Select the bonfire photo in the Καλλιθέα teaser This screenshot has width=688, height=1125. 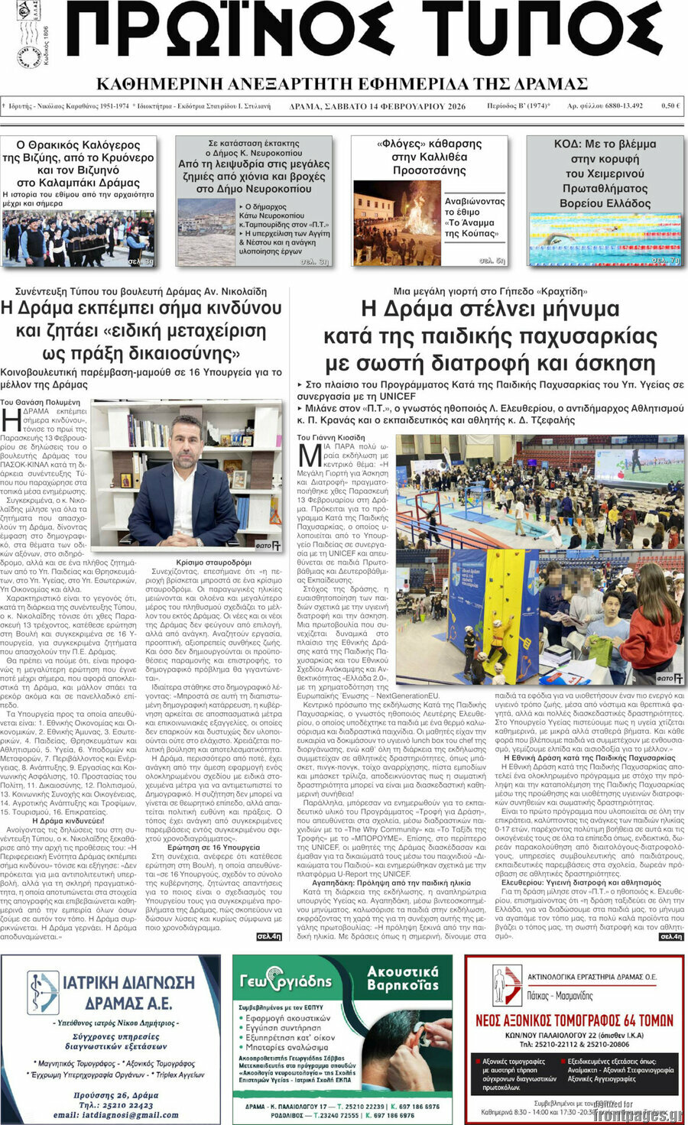click(x=397, y=222)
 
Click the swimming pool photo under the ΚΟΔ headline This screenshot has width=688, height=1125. click(x=605, y=238)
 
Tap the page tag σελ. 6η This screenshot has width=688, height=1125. click(x=492, y=261)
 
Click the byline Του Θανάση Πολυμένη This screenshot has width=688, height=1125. click(x=40, y=402)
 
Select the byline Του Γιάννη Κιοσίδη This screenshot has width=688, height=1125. click(x=331, y=438)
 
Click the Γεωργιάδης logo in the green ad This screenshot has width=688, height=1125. click(x=286, y=981)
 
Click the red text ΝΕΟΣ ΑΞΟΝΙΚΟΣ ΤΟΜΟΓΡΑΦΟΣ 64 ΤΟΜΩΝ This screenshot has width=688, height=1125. click(x=575, y=1020)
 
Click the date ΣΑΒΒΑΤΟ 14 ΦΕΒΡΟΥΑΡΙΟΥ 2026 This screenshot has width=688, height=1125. click(x=378, y=106)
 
